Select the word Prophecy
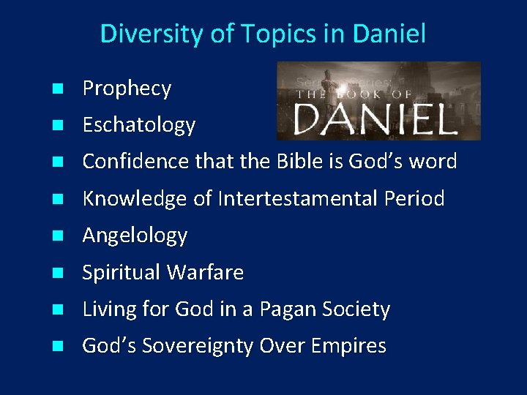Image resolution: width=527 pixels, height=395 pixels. pyautogui.click(x=127, y=89)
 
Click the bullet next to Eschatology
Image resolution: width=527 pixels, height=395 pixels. pyautogui.click(x=56, y=126)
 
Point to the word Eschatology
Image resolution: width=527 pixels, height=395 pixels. pyautogui.click(x=138, y=126)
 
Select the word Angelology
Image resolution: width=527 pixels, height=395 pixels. pyautogui.click(x=135, y=236)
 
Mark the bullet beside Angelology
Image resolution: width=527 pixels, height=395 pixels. pyautogui.click(x=56, y=236)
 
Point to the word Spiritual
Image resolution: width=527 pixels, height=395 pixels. pyautogui.click(x=122, y=273)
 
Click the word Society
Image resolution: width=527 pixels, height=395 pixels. pyautogui.click(x=360, y=309)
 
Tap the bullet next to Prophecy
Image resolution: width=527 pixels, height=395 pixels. pyautogui.click(x=56, y=89)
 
